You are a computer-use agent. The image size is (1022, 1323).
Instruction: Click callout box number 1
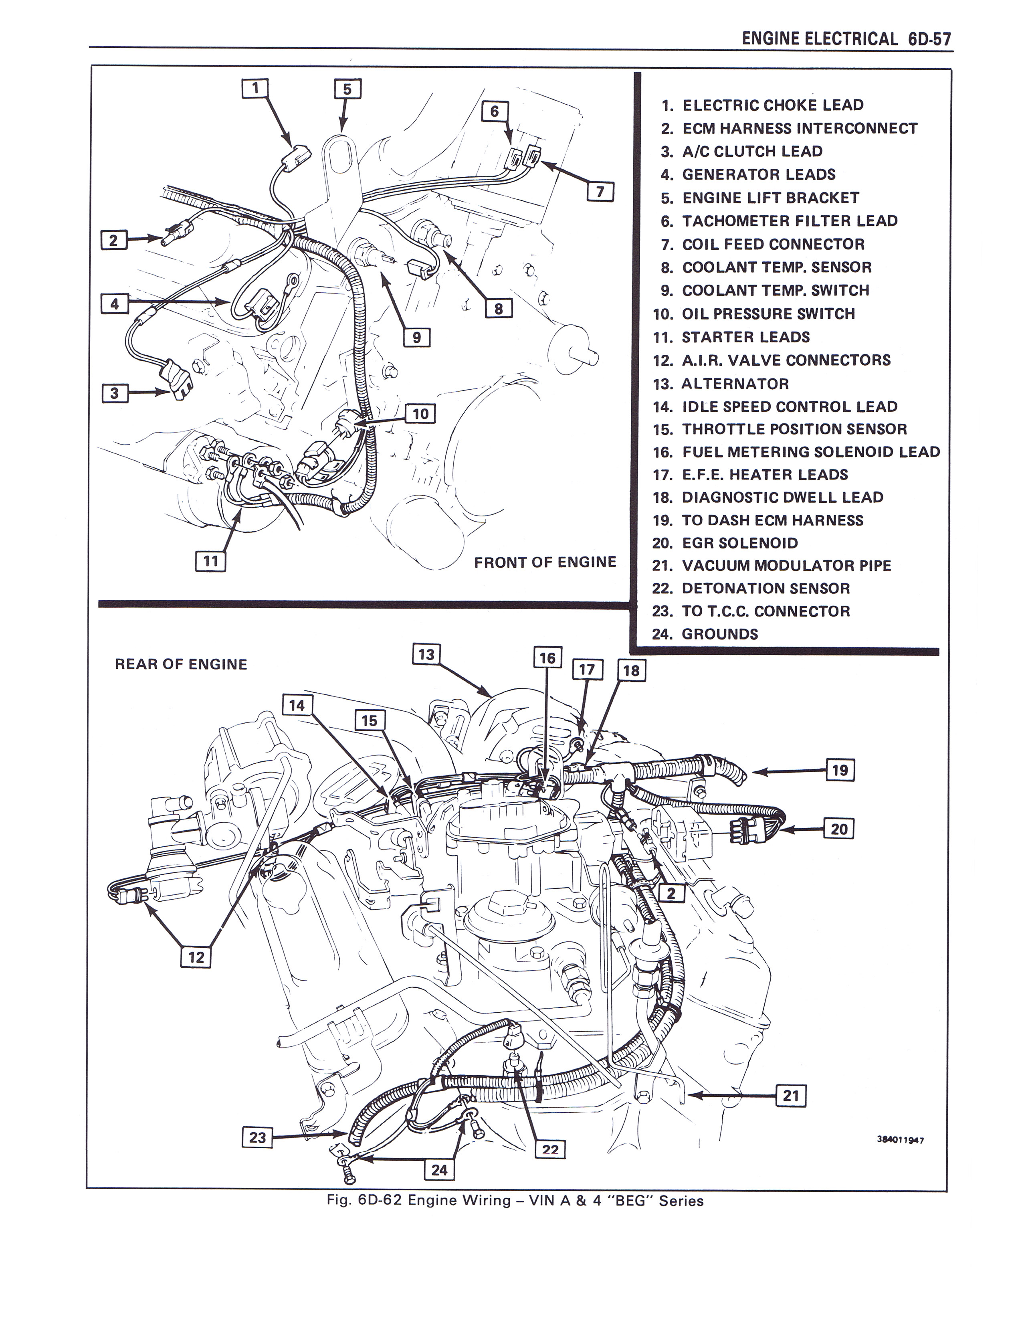click(255, 89)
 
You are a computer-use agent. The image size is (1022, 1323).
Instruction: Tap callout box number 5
click(347, 89)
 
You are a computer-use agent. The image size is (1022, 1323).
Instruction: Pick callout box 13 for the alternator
click(426, 654)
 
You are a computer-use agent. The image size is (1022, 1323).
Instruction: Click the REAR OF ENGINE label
click(181, 665)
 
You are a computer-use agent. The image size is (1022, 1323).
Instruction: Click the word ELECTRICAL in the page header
click(851, 39)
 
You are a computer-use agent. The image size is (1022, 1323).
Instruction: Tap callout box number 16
click(547, 658)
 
